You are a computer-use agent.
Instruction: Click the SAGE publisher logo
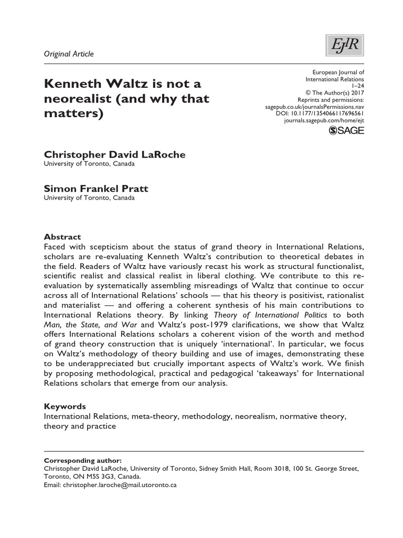[x=346, y=131]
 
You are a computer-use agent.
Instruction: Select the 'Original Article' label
[x=68, y=54]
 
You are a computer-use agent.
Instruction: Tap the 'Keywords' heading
[x=65, y=407]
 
